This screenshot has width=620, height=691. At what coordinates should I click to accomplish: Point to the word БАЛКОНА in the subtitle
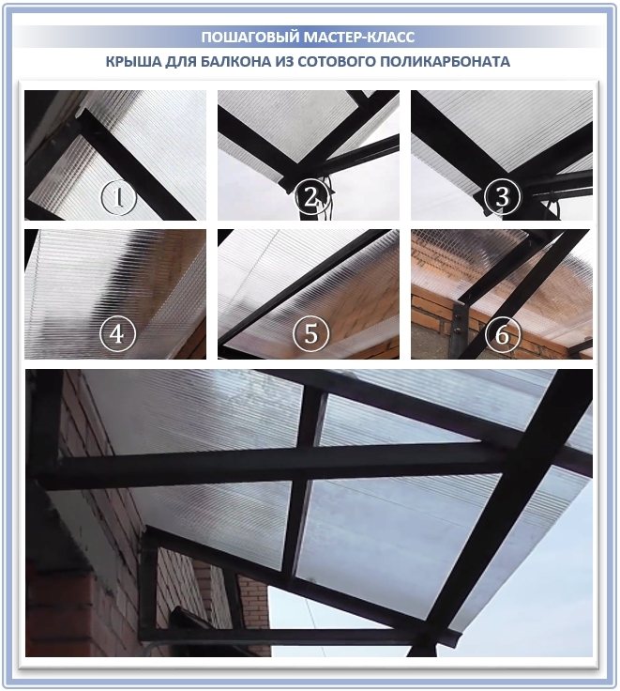point(235,61)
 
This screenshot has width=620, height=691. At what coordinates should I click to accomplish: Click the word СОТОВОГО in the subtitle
point(337,61)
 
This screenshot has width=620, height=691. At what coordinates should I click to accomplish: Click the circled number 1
point(118,197)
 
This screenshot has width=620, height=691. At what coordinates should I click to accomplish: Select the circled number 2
point(311,197)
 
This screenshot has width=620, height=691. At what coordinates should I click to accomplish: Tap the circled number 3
point(503,197)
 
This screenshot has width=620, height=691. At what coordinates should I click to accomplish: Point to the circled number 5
point(311,333)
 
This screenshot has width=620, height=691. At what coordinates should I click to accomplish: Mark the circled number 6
point(503,333)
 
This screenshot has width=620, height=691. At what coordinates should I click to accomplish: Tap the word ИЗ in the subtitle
point(284,61)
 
